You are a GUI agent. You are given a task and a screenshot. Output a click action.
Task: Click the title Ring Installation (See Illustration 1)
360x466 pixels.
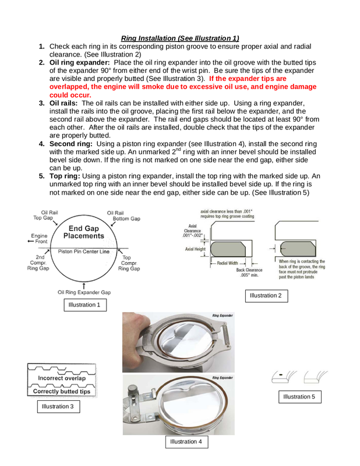pyautogui.click(x=180, y=38)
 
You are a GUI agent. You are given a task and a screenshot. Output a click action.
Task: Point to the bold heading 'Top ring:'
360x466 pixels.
pyautogui.click(x=65, y=175)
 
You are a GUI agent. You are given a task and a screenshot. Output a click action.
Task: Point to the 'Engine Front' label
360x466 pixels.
pyautogui.click(x=39, y=239)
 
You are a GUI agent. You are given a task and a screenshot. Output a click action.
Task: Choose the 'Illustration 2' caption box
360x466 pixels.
pyautogui.click(x=266, y=295)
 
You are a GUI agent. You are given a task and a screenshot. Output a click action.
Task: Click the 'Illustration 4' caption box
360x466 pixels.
pyautogui.click(x=186, y=442)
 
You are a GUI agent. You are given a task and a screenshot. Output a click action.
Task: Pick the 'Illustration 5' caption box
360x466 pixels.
pyautogui.click(x=299, y=397)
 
